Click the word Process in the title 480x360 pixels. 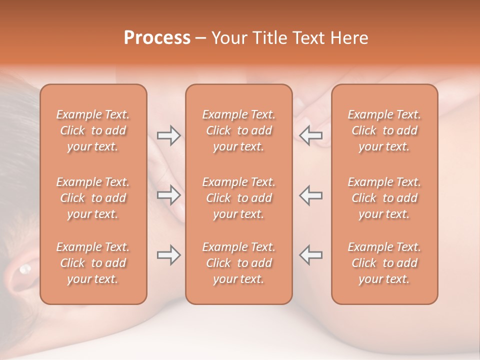coord(157,38)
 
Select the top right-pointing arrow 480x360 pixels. coord(168,135)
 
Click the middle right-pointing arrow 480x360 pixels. coord(168,195)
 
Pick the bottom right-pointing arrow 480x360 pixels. coord(168,255)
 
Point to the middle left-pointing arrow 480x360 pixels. coord(311,195)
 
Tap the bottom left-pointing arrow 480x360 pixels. coord(311,255)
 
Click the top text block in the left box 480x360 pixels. coord(93,130)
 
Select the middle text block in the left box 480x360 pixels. coord(93,198)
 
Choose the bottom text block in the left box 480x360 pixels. coord(93,263)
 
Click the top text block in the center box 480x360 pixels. coord(239,130)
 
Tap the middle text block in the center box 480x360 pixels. coord(239,198)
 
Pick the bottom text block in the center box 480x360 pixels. coord(239,263)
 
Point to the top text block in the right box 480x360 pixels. coord(384,130)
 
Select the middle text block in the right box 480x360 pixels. coord(384,198)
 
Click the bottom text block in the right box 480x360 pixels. coord(384,263)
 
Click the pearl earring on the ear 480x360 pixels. coord(23,270)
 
